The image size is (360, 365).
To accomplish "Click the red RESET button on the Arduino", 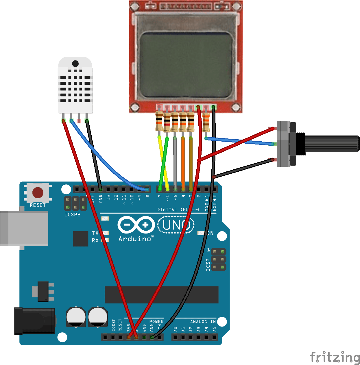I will tap(38, 192).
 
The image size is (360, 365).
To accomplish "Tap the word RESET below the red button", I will tap(38, 205).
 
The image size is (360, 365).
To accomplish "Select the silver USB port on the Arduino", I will tap(24, 228).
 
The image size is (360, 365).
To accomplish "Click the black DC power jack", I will tap(35, 321).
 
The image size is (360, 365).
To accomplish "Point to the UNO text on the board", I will tap(176, 225).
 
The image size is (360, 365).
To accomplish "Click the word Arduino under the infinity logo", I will tap(135, 239).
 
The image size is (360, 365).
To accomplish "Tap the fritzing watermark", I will tap(335, 357).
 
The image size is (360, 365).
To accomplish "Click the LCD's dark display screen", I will tap(186, 65).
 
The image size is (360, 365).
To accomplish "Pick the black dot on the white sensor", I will tap(75, 64).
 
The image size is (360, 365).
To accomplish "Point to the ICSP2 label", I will tap(72, 215).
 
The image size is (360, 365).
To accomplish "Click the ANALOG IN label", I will tap(203, 322).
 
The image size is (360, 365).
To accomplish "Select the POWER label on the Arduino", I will tap(156, 322).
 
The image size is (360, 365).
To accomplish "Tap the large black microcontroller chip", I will tap(161, 295).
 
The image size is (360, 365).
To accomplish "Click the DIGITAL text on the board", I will tap(167, 210).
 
